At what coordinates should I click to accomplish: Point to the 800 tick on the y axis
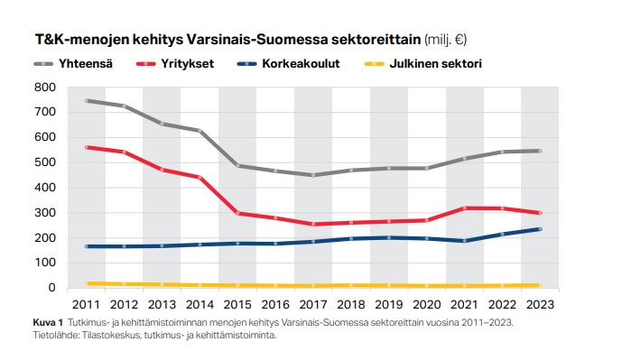pos(45,88)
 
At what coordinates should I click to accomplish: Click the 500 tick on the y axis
pos(45,162)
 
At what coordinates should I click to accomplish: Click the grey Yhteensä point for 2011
pos(87,101)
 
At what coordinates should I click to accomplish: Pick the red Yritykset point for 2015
pos(237,213)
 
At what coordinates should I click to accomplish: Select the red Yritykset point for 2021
pos(465,208)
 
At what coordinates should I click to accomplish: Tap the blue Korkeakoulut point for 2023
pos(540,229)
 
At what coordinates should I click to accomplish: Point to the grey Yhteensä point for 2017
pos(313,175)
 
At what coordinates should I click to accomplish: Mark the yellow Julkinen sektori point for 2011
pos(87,283)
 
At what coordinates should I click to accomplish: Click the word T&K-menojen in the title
pos(75,40)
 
